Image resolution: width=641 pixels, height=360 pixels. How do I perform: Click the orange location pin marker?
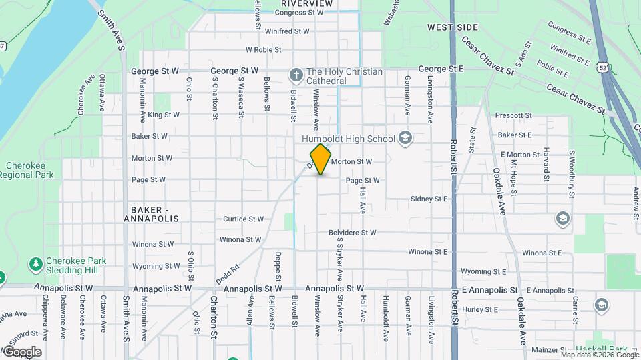pyautogui.click(x=321, y=159)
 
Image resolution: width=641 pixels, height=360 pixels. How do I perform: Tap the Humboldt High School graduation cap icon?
pyautogui.click(x=404, y=138)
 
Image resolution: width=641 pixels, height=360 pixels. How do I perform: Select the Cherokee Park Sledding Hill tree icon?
pyautogui.click(x=35, y=264)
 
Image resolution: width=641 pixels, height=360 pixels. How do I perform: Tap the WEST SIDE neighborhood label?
pyautogui.click(x=453, y=27)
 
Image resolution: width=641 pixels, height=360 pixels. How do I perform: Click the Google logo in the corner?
pyautogui.click(x=22, y=351)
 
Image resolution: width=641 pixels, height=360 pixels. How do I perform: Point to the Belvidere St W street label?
pyautogui.click(x=352, y=233)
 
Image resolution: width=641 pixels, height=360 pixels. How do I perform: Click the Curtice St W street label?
pyautogui.click(x=243, y=219)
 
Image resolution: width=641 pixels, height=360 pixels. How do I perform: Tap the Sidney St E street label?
pyautogui.click(x=429, y=199)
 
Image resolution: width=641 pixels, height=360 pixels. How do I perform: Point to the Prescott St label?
pyautogui.click(x=513, y=115)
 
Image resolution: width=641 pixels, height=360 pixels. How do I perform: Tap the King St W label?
pyautogui.click(x=164, y=115)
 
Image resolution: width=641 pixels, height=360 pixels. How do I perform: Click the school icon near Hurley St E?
pyautogui.click(x=601, y=305)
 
